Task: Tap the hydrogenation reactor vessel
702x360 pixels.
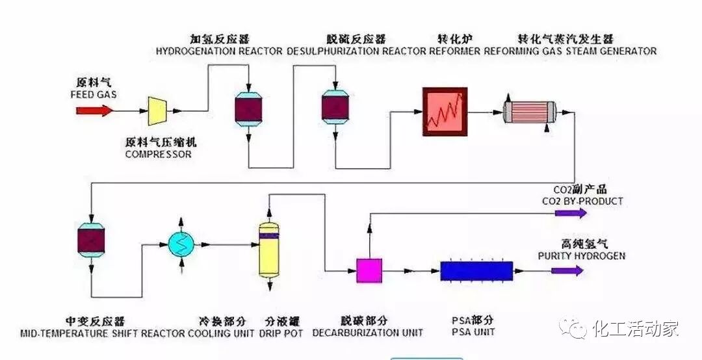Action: pyautogui.click(x=248, y=110)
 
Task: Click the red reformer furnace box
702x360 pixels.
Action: pyautogui.click(x=445, y=112)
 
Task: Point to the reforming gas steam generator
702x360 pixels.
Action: pyautogui.click(x=531, y=112)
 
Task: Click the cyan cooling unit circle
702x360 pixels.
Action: pyautogui.click(x=182, y=245)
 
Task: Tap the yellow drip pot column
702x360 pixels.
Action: pyautogui.click(x=268, y=249)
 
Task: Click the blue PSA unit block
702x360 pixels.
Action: pyautogui.click(x=476, y=270)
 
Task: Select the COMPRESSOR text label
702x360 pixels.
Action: pyautogui.click(x=158, y=155)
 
